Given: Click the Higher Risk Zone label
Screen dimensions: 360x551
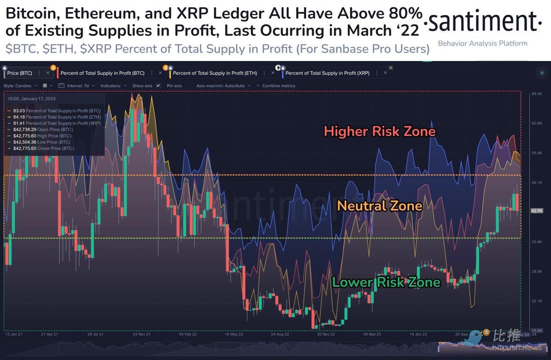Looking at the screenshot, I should click(379, 132).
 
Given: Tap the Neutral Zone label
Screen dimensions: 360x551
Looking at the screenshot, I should click(379, 205).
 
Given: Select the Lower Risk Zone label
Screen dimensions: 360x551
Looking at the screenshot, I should click(386, 281).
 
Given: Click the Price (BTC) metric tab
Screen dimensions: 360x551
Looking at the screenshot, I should click(21, 73).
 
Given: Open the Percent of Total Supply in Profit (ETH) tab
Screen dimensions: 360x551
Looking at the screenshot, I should click(214, 73).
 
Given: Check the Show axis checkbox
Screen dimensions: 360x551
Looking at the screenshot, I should click(158, 85).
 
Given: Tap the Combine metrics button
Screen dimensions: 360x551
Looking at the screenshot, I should click(279, 85).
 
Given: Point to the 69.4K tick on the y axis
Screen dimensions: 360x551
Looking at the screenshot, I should click(536, 94).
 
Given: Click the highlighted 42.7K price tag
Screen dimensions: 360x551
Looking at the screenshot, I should click(536, 210).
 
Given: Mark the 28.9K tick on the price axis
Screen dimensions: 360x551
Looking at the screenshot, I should click(536, 272).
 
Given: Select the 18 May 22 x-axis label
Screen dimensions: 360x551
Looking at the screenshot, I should click(235, 334).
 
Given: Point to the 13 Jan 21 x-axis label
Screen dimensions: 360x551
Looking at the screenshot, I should click(14, 334).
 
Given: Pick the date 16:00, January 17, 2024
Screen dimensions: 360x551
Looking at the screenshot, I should click(32, 98).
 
